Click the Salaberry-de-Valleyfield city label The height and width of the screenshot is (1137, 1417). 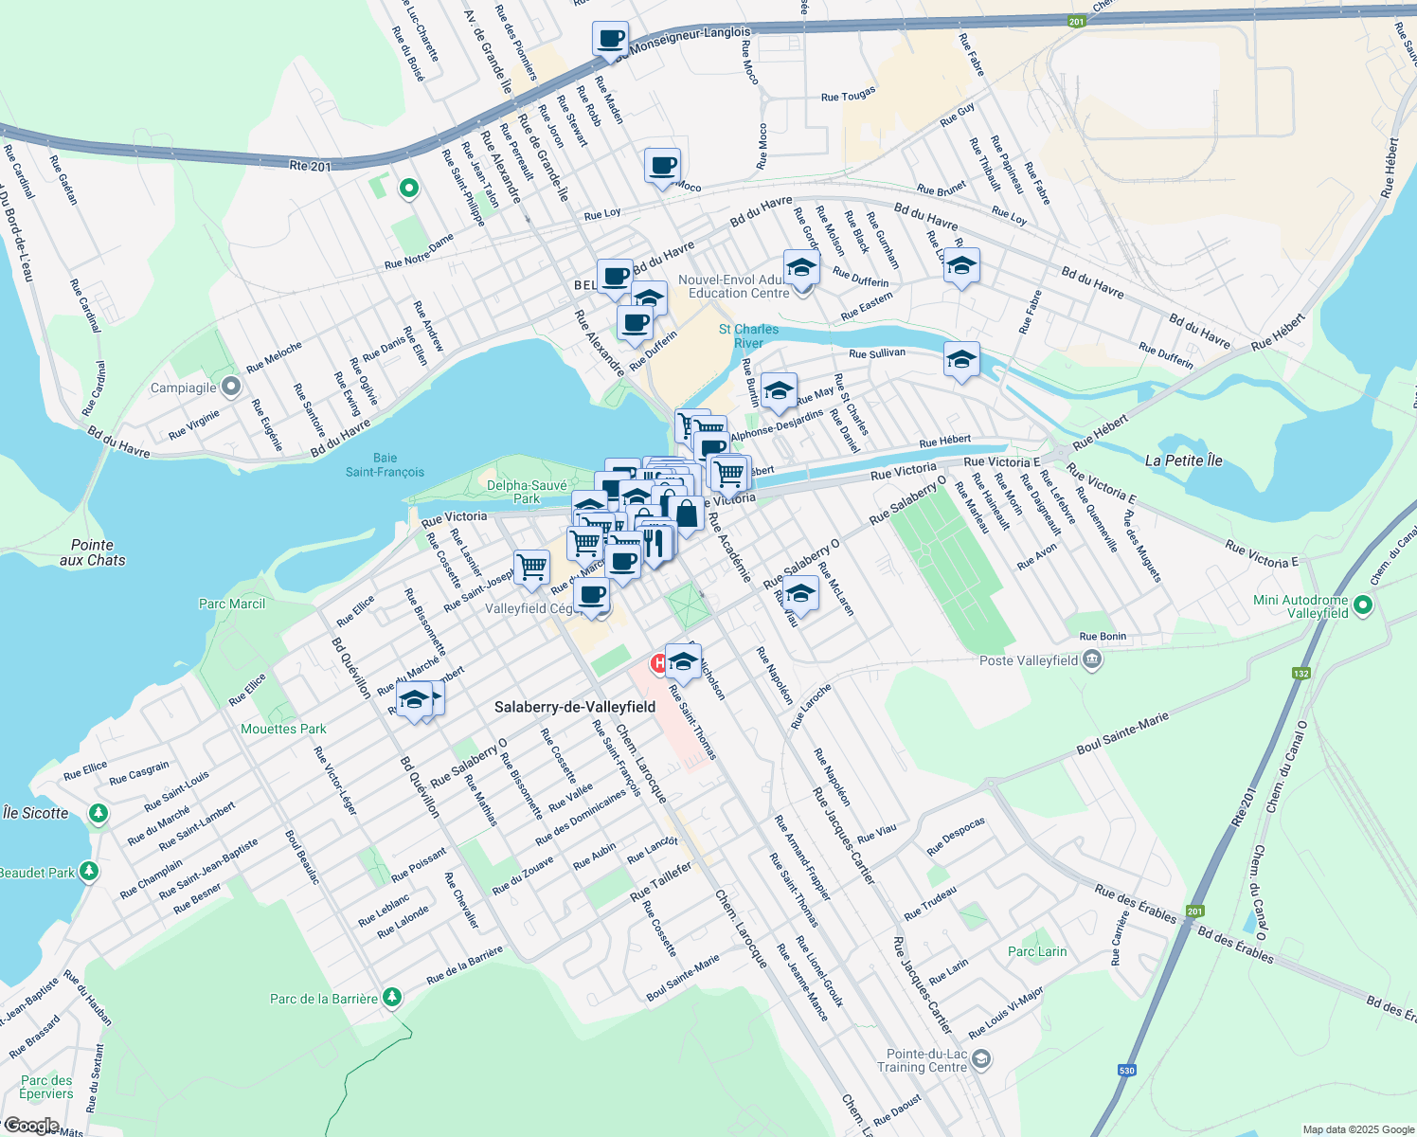pos(575,708)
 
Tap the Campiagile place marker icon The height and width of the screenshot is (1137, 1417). pos(230,387)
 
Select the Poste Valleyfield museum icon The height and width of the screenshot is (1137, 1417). pos(1091,659)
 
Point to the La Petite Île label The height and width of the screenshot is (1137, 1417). pos(1183,460)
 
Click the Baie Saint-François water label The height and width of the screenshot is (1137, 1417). pos(385,465)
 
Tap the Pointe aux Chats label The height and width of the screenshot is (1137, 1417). pos(92,552)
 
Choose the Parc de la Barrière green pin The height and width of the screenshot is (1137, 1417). pos(391,998)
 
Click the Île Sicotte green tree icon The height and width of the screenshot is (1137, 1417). pos(97,813)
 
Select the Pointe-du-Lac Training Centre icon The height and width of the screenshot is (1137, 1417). pos(981,1058)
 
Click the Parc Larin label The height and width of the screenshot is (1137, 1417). pos(1037,951)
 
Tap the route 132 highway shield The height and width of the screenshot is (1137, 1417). pos(1300,674)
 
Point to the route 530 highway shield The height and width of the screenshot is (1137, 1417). pos(1126,1071)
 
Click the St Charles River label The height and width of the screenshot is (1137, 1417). pos(748,335)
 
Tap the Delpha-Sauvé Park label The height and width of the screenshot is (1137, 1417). pos(527,492)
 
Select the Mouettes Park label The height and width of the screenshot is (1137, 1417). pos(283,729)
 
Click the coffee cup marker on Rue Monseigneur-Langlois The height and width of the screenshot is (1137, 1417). pos(611,39)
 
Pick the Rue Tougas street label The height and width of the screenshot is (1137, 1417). pos(848,95)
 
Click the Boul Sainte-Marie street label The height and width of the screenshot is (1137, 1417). pos(1122,735)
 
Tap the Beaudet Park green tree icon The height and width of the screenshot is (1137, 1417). pos(88,871)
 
